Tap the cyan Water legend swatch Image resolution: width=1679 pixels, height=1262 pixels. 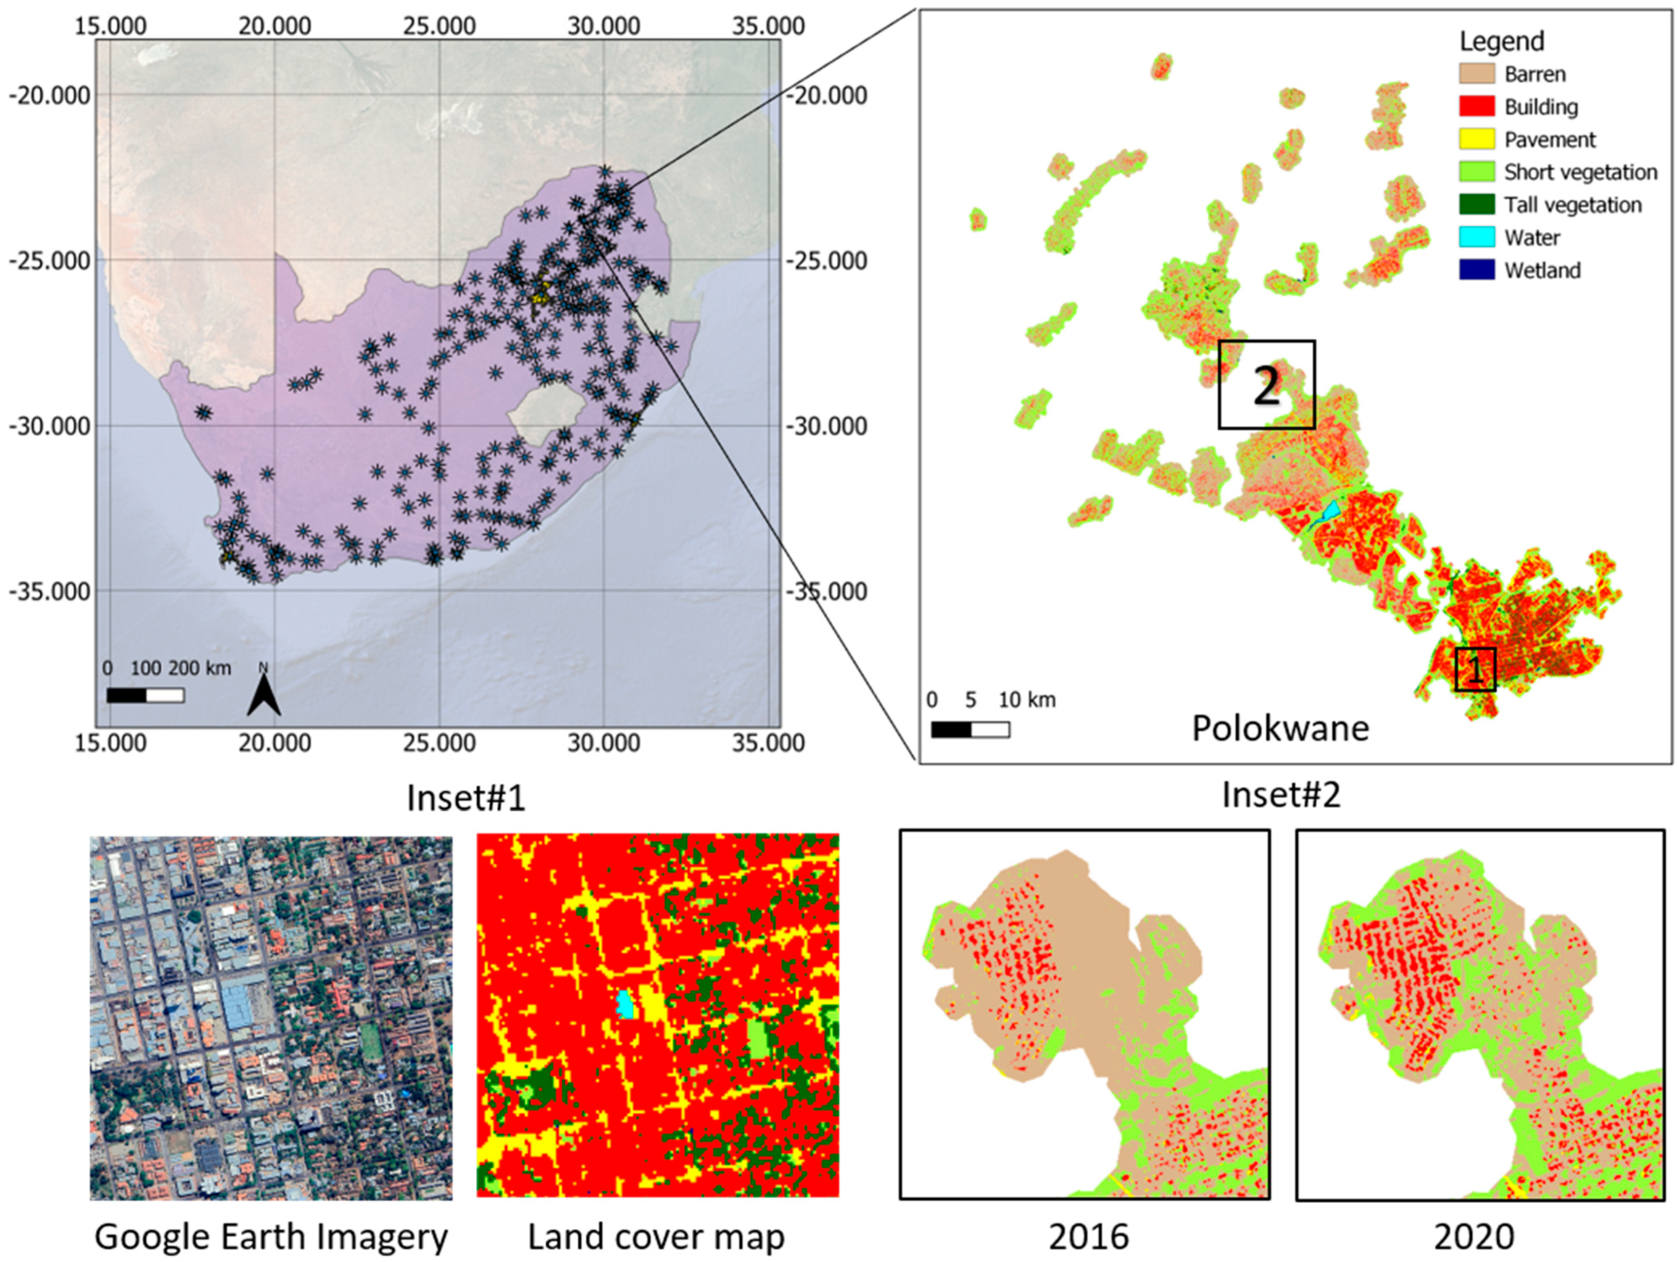click(x=1476, y=237)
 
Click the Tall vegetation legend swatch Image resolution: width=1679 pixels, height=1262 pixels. click(x=1476, y=205)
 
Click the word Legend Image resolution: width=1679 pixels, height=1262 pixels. click(x=1501, y=41)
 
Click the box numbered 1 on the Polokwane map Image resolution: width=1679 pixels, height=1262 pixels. click(x=1475, y=669)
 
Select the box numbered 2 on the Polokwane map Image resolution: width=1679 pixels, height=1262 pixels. click(x=1266, y=385)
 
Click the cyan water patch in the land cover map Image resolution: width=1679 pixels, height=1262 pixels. click(x=625, y=1004)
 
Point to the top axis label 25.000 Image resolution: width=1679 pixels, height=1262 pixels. click(x=440, y=26)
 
